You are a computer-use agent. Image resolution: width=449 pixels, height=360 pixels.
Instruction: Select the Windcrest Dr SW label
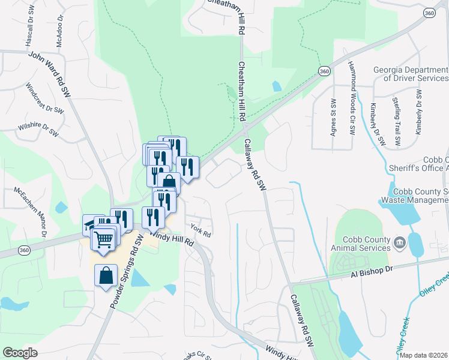coord(45,98)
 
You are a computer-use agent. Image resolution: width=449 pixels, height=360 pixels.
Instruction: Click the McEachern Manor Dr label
coord(32,207)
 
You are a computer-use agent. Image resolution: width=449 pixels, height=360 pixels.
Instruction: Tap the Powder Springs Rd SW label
coord(127,272)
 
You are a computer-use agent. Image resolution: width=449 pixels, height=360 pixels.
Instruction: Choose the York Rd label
coord(200,230)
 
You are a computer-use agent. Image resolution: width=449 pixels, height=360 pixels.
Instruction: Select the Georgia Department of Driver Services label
coord(411,74)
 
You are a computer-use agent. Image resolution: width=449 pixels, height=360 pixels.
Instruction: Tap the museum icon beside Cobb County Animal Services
coord(400,244)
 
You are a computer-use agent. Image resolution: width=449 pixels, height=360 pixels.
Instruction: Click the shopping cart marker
coord(104,239)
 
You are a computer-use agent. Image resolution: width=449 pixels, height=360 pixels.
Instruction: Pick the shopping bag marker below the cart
coord(106,277)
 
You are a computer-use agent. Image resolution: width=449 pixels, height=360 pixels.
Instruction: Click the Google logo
coord(20,352)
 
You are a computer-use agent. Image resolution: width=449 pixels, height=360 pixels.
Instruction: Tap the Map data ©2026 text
coord(424,355)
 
